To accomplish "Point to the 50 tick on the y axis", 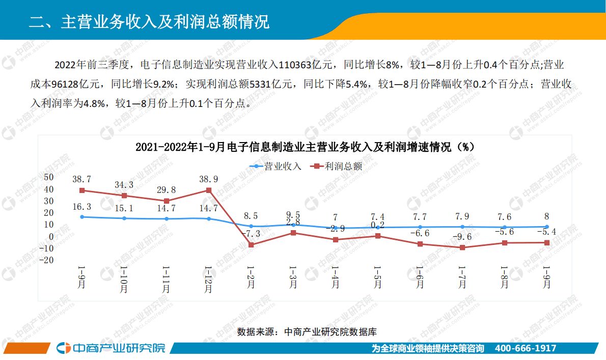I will point(49,177).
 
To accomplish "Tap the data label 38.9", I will point(209,179).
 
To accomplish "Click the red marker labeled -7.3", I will point(251,245).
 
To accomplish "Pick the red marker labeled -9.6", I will point(462,247).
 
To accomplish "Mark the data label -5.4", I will point(546,232).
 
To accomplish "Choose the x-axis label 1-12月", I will point(208,279).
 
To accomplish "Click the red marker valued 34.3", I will point(124,196).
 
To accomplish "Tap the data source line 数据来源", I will point(307,332).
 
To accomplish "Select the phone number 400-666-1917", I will point(526,348).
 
